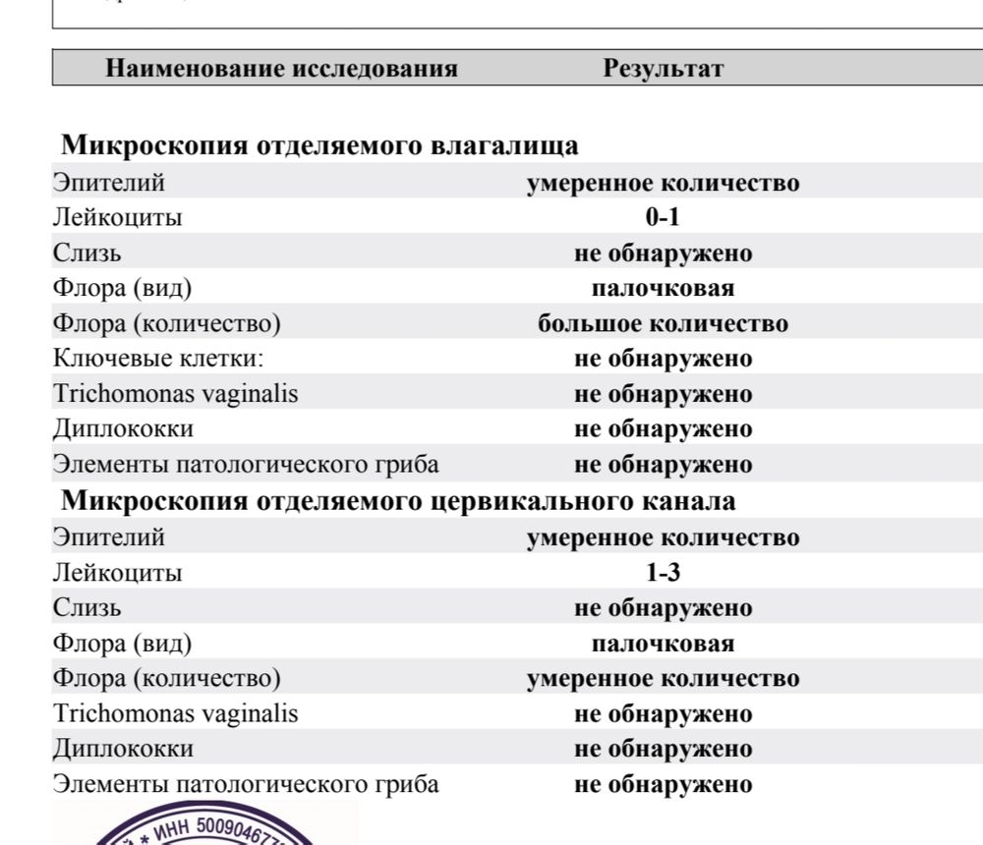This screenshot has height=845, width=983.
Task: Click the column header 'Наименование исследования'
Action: (281, 69)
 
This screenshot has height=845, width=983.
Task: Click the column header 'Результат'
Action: (664, 69)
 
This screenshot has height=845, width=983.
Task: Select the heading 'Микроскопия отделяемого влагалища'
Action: (320, 146)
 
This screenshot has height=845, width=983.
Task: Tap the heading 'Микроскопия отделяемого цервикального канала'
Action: (398, 501)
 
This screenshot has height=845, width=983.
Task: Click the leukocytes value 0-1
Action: (663, 218)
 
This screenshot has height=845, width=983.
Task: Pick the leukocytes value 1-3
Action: (663, 573)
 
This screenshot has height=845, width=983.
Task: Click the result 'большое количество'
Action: (663, 324)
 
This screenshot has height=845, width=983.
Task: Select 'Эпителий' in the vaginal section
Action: (109, 183)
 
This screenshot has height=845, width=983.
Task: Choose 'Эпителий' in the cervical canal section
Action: (109, 537)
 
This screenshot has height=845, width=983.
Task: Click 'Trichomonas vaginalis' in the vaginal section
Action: (176, 395)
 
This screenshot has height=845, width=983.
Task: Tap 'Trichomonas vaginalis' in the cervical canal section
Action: (176, 714)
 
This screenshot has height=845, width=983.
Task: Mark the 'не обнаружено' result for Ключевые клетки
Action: (663, 360)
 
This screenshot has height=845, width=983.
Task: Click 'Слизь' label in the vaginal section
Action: (87, 253)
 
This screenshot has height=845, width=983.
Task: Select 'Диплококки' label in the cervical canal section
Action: (123, 750)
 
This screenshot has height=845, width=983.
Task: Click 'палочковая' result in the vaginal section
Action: (663, 289)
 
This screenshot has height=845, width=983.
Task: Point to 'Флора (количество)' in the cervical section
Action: (166, 679)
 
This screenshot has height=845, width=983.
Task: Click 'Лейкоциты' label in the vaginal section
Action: (117, 218)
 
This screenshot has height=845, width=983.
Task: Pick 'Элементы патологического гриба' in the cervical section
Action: (246, 785)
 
